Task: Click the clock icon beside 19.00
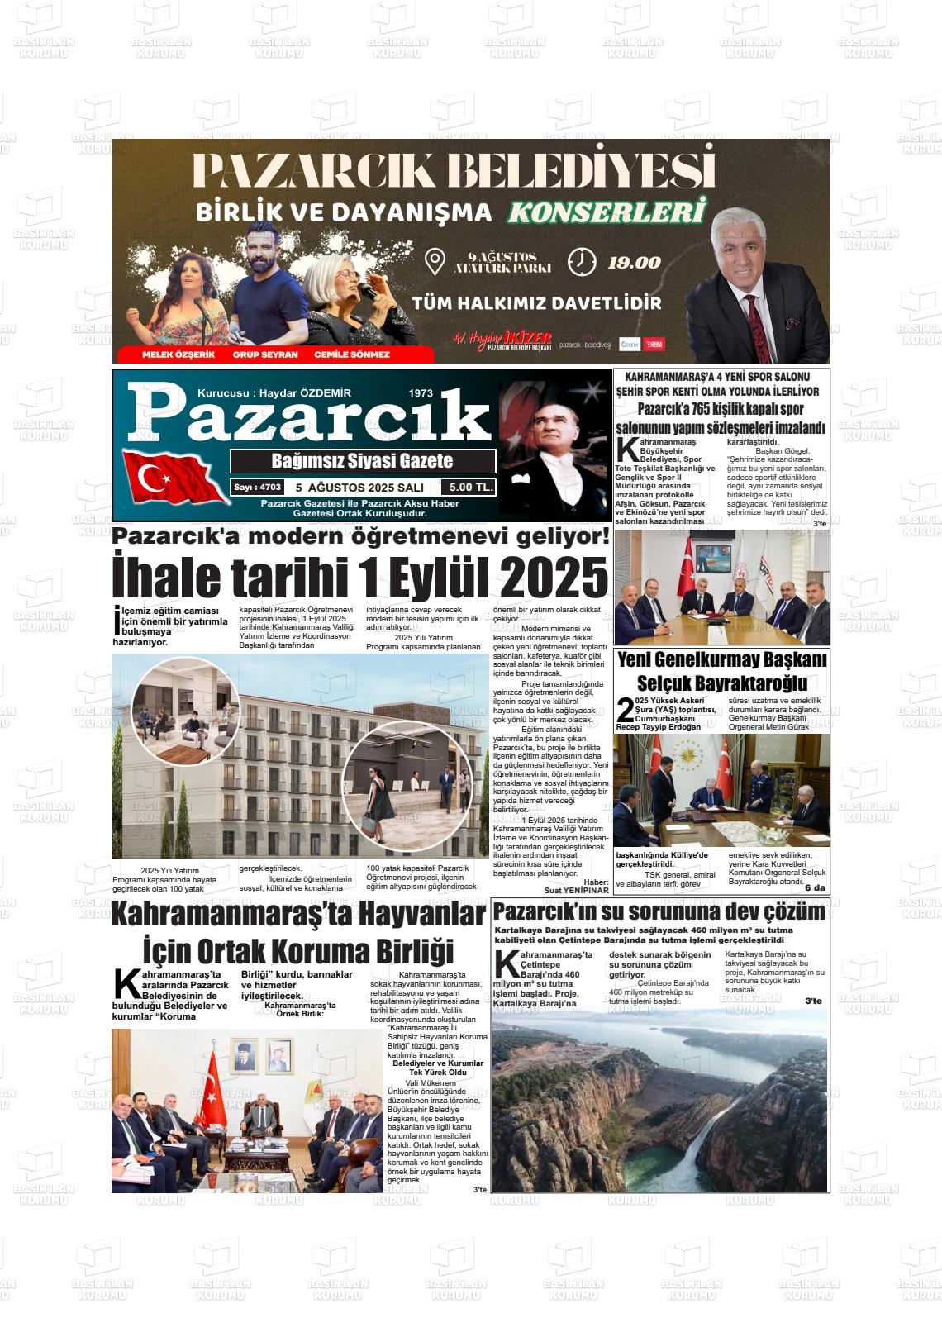(582, 262)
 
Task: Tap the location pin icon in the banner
(435, 262)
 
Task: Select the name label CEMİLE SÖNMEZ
(352, 354)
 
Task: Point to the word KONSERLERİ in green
(608, 212)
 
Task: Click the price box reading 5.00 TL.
(468, 488)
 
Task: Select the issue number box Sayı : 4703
(258, 488)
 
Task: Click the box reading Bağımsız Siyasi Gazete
(362, 461)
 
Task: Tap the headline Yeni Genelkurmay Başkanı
(721, 660)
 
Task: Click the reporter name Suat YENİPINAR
(576, 890)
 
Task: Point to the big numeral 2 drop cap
(626, 711)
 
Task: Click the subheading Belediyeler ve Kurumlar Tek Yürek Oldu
(437, 1068)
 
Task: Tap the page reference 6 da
(815, 887)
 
